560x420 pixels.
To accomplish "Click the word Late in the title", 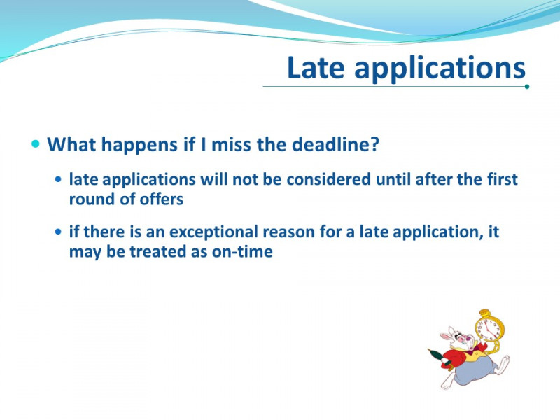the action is [316, 67].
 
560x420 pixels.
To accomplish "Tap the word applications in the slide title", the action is [440, 69].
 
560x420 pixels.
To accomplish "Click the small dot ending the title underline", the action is [527, 86].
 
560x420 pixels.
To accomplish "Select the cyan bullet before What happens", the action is [36, 143].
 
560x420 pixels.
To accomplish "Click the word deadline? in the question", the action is [335, 144].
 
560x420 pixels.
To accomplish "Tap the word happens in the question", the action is [139, 145].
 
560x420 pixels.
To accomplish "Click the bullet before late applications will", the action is [59, 178].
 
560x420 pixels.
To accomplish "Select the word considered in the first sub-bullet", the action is [328, 179].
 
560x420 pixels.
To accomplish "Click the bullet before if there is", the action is [59, 232].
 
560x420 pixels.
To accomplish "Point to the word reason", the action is [288, 232].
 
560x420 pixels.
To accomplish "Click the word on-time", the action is [242, 252].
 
